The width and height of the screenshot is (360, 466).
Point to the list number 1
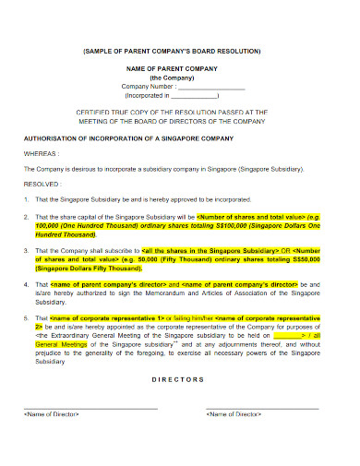[25, 197]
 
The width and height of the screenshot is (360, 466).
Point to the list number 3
[25, 250]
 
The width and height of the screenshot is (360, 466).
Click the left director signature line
[90, 407]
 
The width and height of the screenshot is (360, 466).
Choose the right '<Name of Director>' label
[235, 415]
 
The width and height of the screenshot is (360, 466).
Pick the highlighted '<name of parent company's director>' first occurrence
[93, 284]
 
